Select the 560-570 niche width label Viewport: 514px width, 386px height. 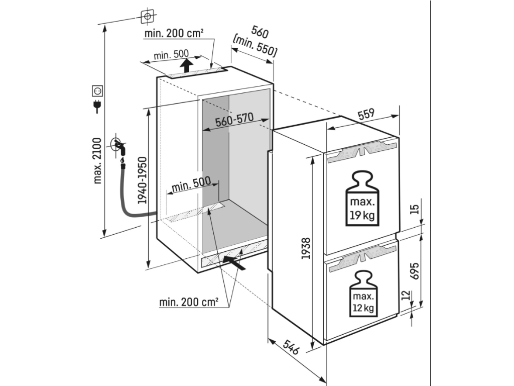pyautogui.click(x=233, y=121)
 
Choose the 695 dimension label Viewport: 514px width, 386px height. pyautogui.click(x=414, y=271)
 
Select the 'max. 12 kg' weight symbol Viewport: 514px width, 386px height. pyautogui.click(x=361, y=294)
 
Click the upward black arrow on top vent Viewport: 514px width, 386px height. pyautogui.click(x=186, y=65)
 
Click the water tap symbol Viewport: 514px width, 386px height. pyautogui.click(x=118, y=146)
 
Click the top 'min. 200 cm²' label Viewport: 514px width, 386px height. pyautogui.click(x=173, y=34)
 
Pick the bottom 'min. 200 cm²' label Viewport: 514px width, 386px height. pyautogui.click(x=189, y=302)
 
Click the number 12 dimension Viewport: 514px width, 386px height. pyautogui.click(x=406, y=295)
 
